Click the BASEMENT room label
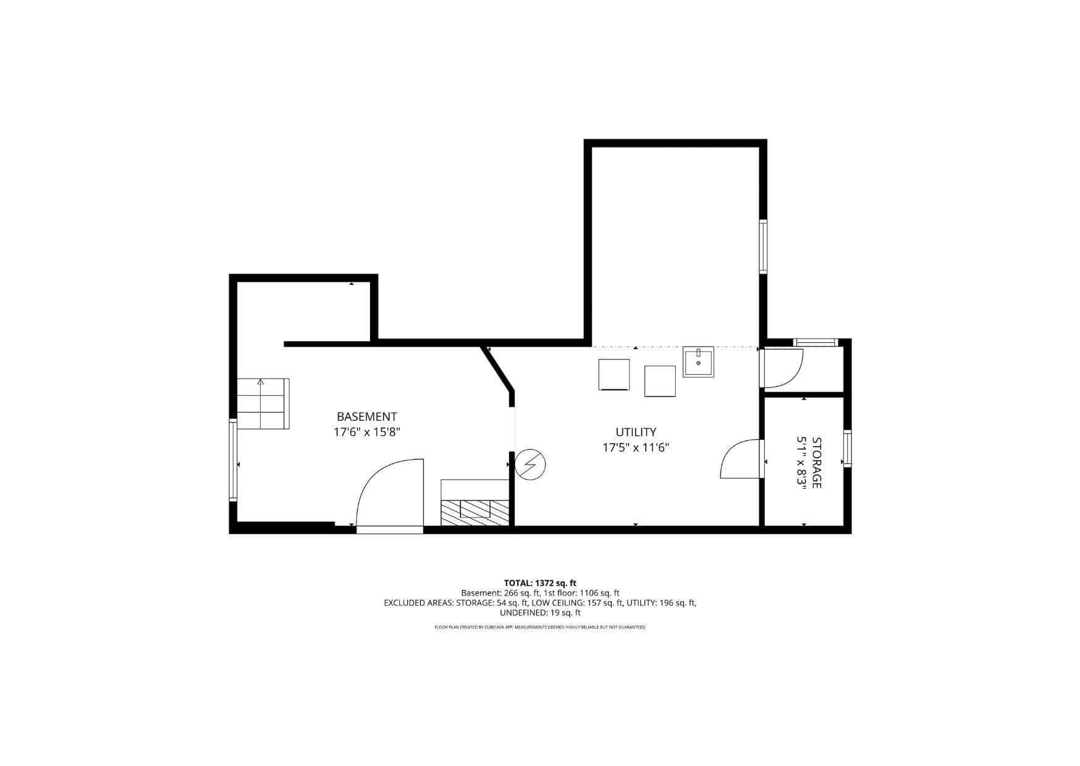point(366,417)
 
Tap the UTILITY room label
point(636,432)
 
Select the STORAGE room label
point(816,463)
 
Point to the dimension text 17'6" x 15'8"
point(367,432)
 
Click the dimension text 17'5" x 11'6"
point(636,448)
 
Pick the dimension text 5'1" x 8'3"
point(801,463)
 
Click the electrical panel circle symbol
point(530,465)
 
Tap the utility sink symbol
point(698,361)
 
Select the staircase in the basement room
point(263,403)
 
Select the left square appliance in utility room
point(614,374)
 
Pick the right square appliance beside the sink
point(660,381)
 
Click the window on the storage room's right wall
point(848,448)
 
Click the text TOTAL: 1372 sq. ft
point(540,583)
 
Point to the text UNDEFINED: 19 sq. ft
point(540,613)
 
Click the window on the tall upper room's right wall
point(763,247)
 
